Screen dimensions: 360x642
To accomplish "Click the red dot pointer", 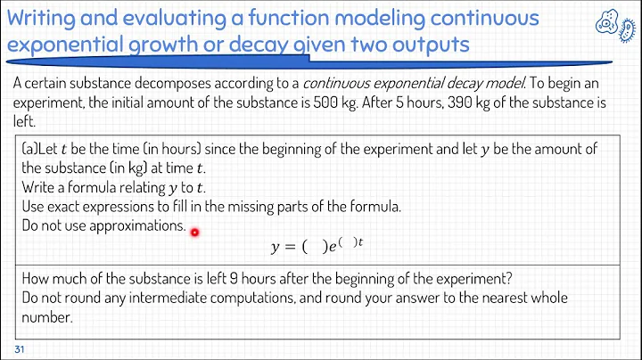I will (x=193, y=232).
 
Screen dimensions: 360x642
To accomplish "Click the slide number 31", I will (x=19, y=348).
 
